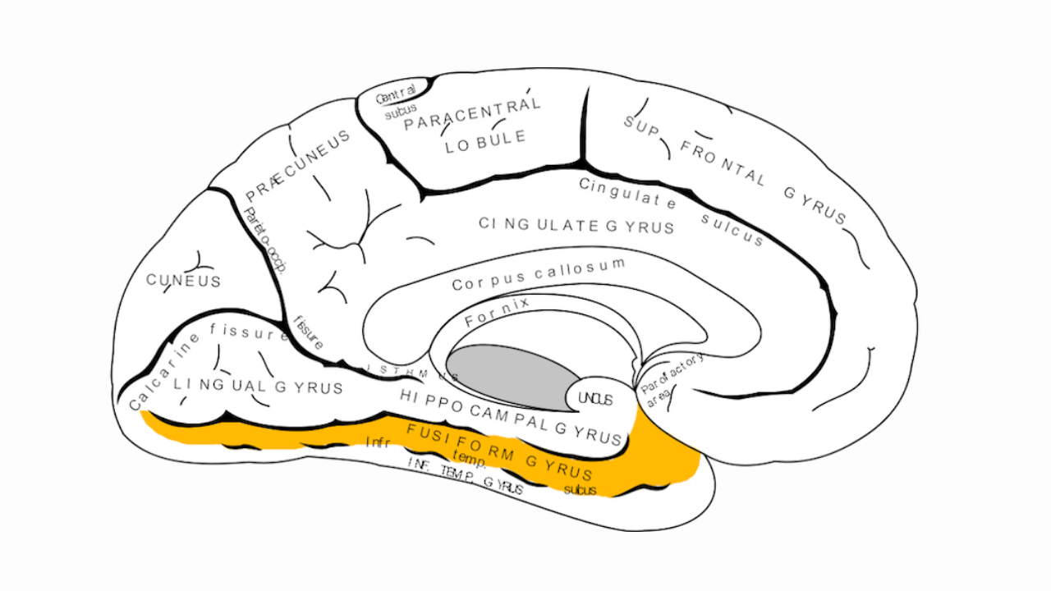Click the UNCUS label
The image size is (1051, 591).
(x=595, y=399)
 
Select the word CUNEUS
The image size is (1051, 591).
(x=184, y=281)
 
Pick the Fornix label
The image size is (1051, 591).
(x=497, y=313)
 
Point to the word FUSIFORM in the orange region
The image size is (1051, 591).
(x=460, y=442)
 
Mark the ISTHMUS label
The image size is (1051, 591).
(x=411, y=371)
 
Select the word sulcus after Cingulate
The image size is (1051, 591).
(x=732, y=229)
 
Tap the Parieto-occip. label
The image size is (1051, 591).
(x=264, y=243)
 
